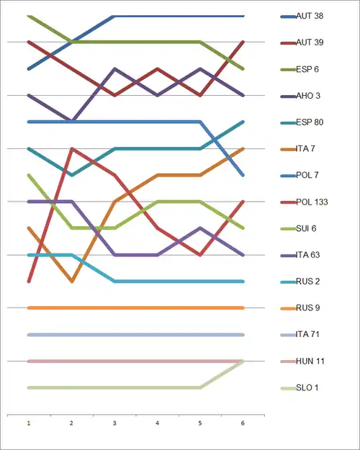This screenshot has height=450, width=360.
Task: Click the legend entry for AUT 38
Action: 310,16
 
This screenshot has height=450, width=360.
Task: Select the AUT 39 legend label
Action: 310,42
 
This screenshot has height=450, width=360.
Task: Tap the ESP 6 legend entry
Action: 307,69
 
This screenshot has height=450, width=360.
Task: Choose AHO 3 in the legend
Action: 308,96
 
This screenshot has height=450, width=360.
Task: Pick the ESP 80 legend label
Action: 310,122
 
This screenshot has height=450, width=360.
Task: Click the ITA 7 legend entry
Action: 305,148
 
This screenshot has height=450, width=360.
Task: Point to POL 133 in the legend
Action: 312,202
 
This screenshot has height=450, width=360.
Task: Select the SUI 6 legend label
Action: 306,228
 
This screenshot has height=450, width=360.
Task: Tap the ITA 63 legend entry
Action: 307,255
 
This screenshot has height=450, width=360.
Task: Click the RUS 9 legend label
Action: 307,308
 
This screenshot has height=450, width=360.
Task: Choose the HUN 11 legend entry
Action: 310,361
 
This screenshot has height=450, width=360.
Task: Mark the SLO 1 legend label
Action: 307,388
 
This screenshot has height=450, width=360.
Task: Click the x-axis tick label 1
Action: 29,423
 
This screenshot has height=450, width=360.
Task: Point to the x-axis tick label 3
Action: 114,423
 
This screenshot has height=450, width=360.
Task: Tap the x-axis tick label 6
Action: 243,423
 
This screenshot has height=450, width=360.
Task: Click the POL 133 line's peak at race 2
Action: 72,148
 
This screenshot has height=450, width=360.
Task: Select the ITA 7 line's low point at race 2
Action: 72,282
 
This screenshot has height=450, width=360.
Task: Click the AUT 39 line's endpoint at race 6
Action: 243,42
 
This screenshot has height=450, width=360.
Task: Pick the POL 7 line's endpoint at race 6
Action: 243,175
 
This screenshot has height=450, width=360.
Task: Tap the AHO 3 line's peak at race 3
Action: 114,69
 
